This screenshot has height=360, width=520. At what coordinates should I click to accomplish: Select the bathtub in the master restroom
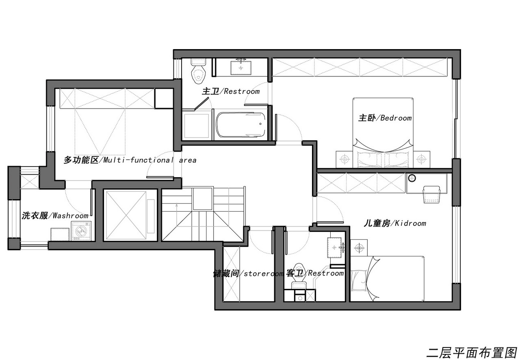coord(241,125)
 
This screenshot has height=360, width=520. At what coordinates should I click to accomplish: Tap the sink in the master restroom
coord(241,67)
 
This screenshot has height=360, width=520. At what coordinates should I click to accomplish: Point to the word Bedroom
coord(396,118)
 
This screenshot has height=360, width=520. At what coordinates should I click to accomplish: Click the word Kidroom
coord(410,223)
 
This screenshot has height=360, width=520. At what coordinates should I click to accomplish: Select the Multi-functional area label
coord(130,160)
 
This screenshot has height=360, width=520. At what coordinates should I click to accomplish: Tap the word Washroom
coord(71,215)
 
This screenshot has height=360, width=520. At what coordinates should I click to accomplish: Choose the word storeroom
coord(264,273)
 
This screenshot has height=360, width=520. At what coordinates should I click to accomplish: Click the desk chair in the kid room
coord(431,194)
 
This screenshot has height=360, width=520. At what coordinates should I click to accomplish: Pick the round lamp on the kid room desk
coord(412,178)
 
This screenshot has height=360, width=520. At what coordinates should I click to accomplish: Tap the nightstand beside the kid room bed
coord(359,248)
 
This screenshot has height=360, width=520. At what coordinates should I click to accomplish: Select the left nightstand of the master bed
coord(344,159)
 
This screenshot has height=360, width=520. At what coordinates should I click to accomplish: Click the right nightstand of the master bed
coord(421,159)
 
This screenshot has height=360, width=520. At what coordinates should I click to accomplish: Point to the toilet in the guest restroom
coord(299,276)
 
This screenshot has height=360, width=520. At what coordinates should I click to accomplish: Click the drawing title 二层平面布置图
coord(472,353)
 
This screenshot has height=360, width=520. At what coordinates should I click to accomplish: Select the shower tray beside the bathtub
coord(197,126)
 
